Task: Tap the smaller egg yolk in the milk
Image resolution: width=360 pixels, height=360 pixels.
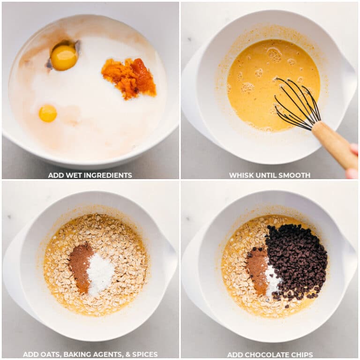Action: click(x=47, y=113)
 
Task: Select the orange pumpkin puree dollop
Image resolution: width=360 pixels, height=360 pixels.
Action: click(x=129, y=77)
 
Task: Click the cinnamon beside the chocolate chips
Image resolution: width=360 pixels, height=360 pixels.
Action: click(x=257, y=270)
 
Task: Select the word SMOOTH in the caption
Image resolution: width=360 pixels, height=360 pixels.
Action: click(x=296, y=175)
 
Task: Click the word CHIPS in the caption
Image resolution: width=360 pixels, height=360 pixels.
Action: click(x=302, y=355)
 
